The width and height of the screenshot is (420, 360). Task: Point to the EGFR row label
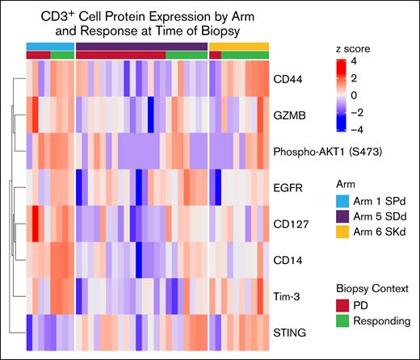point(294,187)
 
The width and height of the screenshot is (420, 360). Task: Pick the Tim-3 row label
point(293,296)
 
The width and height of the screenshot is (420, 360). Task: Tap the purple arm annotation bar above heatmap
point(141,45)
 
